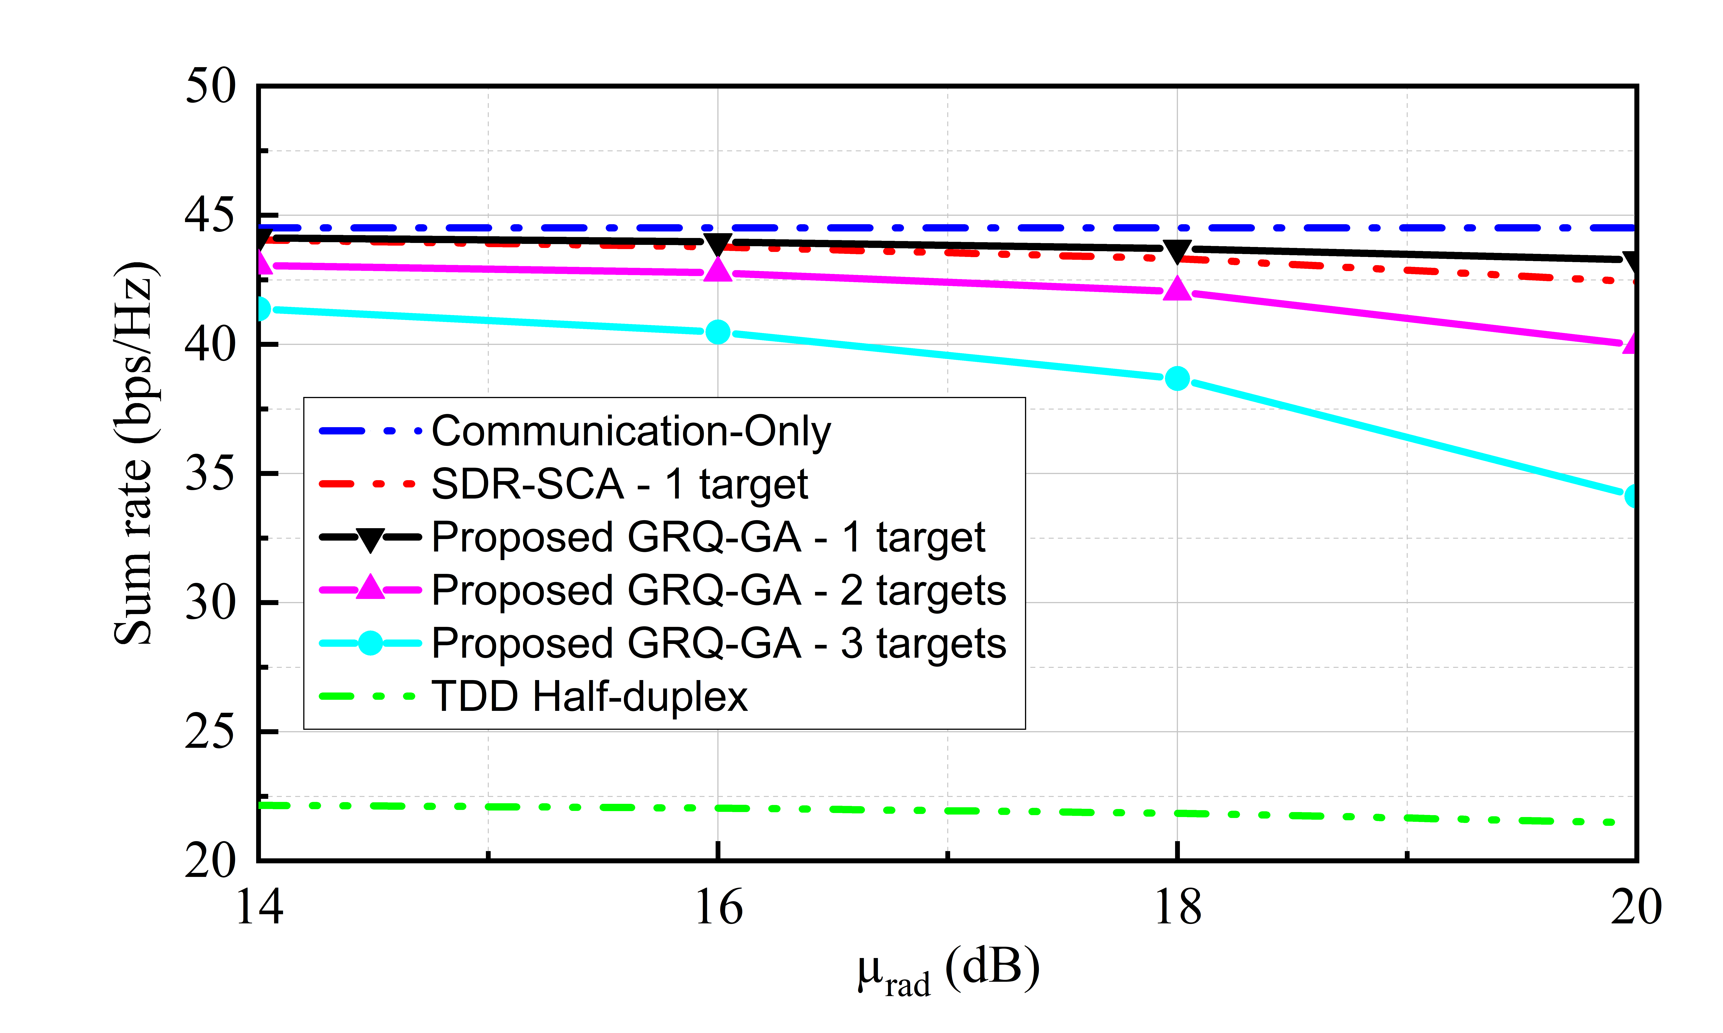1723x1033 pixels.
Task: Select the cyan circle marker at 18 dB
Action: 1177,379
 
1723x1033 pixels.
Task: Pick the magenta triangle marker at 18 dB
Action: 1177,289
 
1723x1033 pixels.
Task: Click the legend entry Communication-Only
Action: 631,431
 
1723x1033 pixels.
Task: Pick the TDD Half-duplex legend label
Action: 589,696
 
